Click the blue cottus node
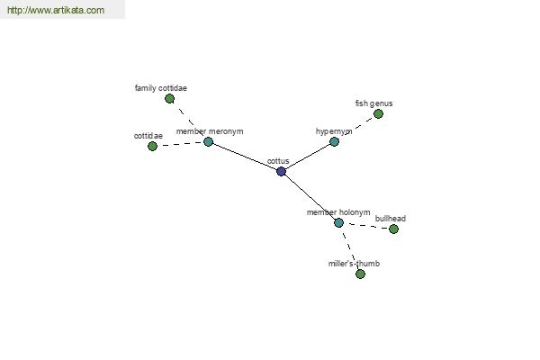click(x=282, y=171)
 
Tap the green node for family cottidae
click(x=169, y=99)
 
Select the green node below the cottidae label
click(x=153, y=147)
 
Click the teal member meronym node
click(x=209, y=141)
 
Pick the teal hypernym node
click(x=335, y=141)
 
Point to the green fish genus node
click(x=379, y=113)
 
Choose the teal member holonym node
click(x=339, y=223)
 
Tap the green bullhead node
click(x=393, y=229)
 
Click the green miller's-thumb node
click(x=361, y=274)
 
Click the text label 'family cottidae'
click(x=161, y=88)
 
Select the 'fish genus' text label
click(x=374, y=103)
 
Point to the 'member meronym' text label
click(x=210, y=131)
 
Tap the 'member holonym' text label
click(x=338, y=212)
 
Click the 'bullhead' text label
click(x=391, y=219)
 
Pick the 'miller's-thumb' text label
click(x=354, y=264)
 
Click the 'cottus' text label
click(x=278, y=161)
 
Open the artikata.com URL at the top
click(x=56, y=10)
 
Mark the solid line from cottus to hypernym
click(x=308, y=157)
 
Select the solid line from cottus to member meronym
click(x=245, y=157)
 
